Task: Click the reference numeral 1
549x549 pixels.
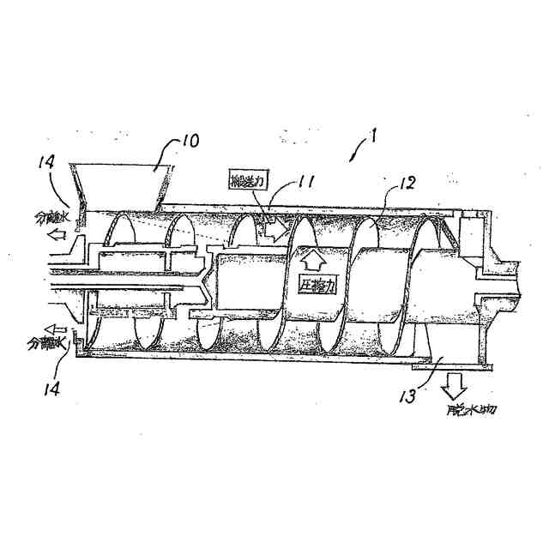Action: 373,136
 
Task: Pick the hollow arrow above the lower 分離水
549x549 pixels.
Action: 57,327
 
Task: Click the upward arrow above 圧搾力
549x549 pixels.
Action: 312,258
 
